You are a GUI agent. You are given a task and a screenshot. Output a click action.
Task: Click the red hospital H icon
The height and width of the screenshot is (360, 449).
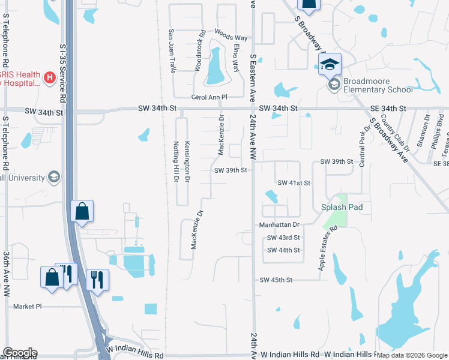50,77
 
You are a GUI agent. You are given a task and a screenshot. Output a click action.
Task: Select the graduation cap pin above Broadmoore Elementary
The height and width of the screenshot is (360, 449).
330,64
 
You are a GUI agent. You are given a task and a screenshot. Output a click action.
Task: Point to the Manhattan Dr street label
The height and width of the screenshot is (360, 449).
279,224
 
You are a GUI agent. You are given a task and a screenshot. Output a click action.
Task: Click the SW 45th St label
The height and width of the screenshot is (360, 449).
276,280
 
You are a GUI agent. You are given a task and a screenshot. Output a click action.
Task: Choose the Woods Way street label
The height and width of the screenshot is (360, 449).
231,37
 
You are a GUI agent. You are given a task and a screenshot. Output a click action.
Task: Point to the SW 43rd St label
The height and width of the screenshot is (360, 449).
283,238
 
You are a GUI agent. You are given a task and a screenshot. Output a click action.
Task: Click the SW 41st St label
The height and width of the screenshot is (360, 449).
294,182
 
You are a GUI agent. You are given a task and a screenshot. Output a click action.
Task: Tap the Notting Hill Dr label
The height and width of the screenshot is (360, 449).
176,163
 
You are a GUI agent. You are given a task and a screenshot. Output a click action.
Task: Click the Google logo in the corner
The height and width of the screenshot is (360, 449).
20,353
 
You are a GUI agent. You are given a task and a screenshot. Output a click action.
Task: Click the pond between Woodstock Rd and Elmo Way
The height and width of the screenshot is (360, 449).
215,68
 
